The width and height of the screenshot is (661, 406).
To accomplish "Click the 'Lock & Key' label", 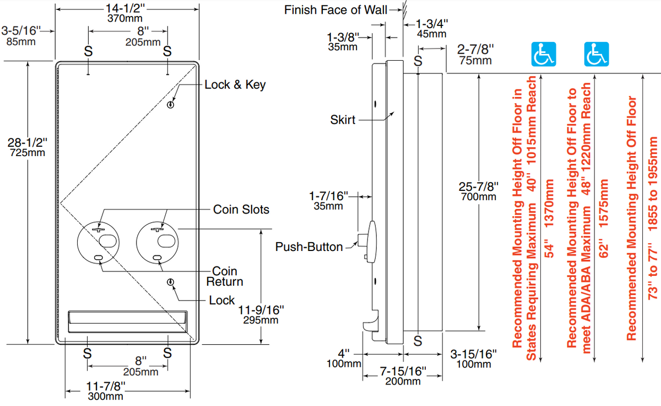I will point(235,85).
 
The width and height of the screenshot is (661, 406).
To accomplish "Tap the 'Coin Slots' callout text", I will point(241,210).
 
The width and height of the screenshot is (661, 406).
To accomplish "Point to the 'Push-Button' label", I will point(309,247).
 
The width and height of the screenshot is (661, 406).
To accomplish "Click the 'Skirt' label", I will point(343,119).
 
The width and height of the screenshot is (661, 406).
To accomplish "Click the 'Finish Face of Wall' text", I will point(335,10).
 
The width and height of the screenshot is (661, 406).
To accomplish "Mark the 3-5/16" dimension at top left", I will point(23,35).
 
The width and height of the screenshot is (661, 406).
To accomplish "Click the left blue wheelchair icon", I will point(543,54).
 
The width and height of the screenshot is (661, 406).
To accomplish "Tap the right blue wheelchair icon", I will point(595,54).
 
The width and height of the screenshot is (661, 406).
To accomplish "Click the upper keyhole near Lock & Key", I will point(171,105).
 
